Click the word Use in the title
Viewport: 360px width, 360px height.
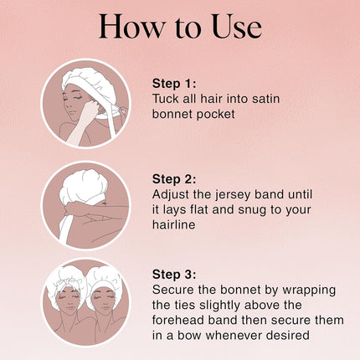coord(237,27)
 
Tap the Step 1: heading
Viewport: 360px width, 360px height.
coord(174,84)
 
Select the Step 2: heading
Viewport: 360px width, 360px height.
coord(174,179)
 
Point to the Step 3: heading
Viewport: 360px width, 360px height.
coord(174,275)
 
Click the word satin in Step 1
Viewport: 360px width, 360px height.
coord(265,99)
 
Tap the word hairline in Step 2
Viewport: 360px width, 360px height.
coord(173,224)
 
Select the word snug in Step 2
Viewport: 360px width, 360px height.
coord(252,210)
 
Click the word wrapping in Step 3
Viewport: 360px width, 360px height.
coord(309,291)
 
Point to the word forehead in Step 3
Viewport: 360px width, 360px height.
coord(178,320)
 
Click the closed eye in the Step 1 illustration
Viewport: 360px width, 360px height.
coord(77,97)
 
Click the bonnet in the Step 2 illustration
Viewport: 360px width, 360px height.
coord(83,185)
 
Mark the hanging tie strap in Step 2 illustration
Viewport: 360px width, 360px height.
coord(64,228)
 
